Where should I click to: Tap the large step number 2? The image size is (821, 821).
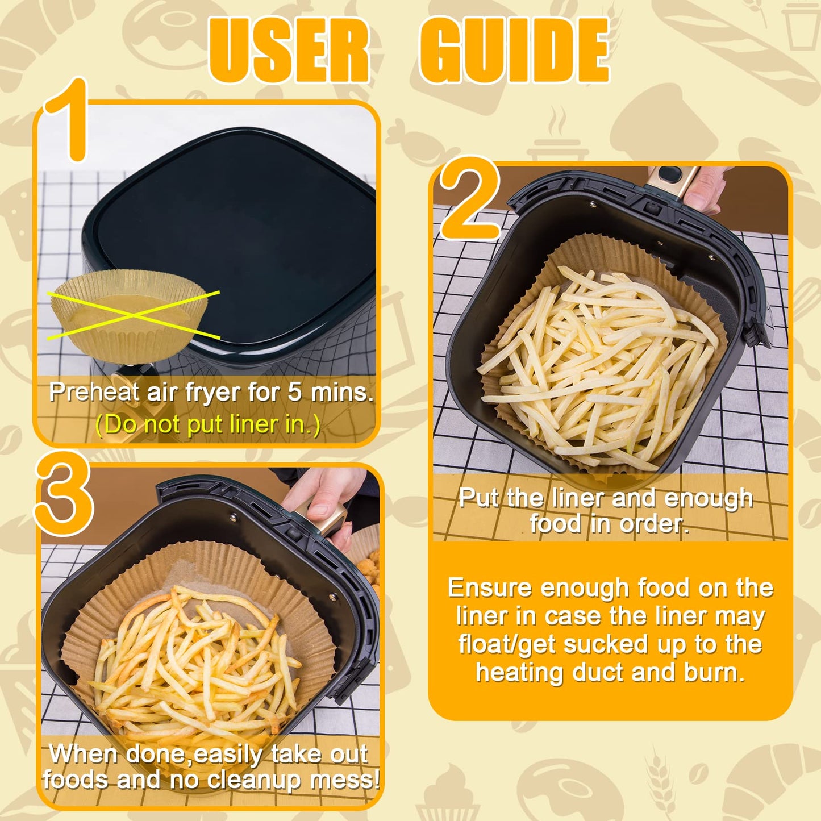[x=469, y=199]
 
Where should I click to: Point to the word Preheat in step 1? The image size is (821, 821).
[x=94, y=392]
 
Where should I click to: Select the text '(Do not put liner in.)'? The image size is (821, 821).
[x=208, y=424]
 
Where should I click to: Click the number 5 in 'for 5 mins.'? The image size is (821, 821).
[x=294, y=392]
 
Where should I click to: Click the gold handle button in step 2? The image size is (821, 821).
[x=670, y=174]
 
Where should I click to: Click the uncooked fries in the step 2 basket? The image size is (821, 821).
[x=597, y=364]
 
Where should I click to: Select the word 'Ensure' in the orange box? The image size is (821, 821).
[x=490, y=587]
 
